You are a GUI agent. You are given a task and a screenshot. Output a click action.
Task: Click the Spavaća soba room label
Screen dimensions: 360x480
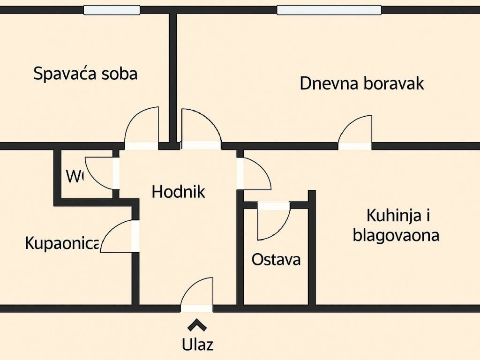(x=85, y=74)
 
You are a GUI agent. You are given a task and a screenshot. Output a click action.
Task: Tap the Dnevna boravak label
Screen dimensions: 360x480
(x=362, y=83)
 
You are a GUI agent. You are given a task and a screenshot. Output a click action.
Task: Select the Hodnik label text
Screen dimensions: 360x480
(x=179, y=191)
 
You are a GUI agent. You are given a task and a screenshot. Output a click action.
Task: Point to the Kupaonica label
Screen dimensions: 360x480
(x=62, y=243)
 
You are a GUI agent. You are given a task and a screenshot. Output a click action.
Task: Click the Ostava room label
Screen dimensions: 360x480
(x=276, y=259)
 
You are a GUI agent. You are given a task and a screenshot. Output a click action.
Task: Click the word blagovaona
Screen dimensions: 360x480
(x=396, y=235)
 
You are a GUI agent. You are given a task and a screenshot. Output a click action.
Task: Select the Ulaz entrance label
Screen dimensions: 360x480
(x=198, y=345)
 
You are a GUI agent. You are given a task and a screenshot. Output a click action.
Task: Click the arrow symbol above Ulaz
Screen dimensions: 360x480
(x=197, y=325)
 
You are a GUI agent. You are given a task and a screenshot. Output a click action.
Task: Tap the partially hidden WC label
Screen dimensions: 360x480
(x=74, y=176)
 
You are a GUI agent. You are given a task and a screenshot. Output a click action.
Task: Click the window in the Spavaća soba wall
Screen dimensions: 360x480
(x=112, y=10)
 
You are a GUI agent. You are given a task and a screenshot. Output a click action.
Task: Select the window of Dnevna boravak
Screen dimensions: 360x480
(x=329, y=10)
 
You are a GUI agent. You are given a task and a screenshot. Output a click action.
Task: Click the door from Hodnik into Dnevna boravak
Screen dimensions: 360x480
(x=201, y=128)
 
